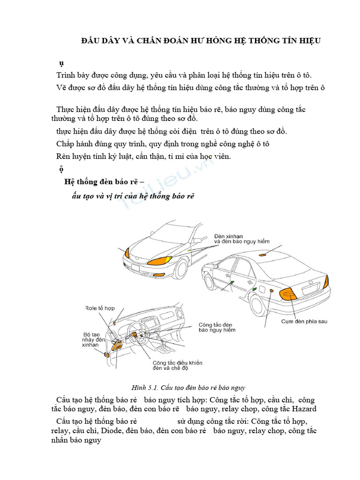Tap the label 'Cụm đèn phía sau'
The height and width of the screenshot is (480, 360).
pyautogui.click(x=304, y=322)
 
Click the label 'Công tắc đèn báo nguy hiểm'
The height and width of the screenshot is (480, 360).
pyautogui.click(x=217, y=327)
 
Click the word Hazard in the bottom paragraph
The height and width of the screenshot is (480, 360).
pyautogui.click(x=306, y=408)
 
